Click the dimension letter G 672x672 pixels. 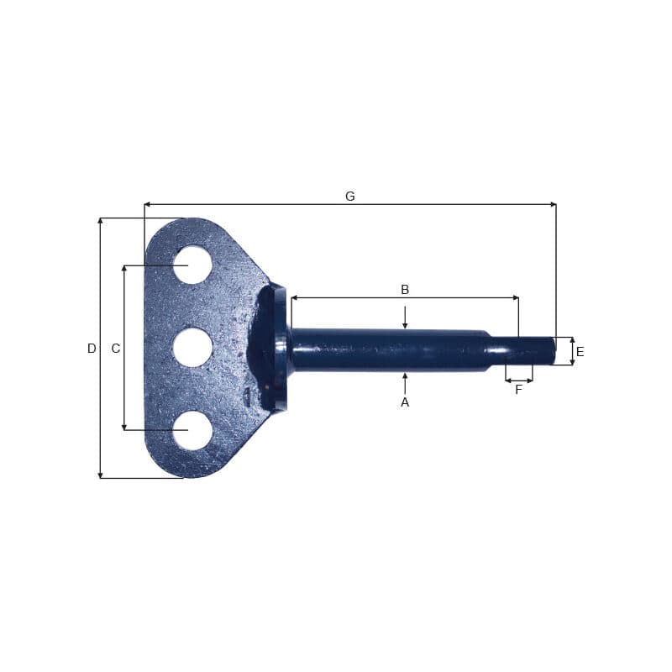[350, 197]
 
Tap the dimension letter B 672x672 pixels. [405, 290]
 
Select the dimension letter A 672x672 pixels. [405, 402]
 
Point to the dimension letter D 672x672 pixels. [92, 349]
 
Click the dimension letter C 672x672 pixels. [116, 349]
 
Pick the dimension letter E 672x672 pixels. [580, 352]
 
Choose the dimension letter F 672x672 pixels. [518, 390]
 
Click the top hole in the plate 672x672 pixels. [192, 265]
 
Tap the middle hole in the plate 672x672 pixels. [192, 348]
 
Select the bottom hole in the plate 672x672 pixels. [192, 431]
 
